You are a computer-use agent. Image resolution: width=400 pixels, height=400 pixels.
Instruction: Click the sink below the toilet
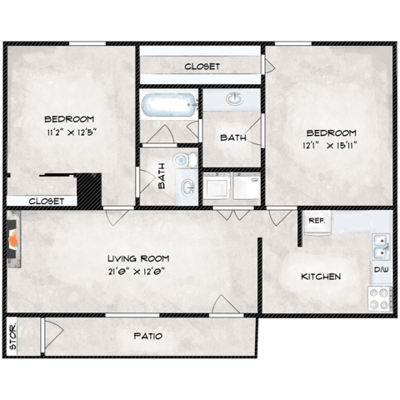tap(187, 185)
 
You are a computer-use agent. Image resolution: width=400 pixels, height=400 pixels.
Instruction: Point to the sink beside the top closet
tap(234, 100)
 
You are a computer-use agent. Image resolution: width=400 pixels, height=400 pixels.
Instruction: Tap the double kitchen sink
tap(381, 247)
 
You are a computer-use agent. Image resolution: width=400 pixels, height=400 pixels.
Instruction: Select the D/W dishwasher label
tap(381, 270)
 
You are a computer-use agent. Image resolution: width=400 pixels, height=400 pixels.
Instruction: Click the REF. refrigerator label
tap(316, 221)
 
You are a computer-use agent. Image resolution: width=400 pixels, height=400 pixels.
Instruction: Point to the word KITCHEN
tap(321, 276)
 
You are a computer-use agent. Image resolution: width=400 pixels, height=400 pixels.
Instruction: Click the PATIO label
tap(147, 337)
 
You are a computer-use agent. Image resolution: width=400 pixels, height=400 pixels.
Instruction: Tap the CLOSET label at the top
tap(202, 65)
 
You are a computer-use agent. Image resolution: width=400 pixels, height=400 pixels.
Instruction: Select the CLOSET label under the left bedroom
tap(46, 201)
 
